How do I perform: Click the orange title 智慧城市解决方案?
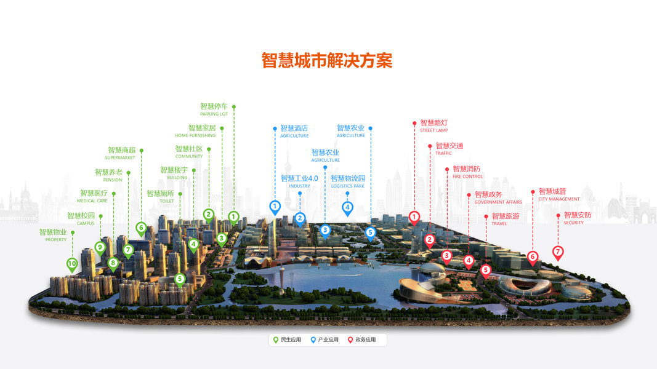(327, 61)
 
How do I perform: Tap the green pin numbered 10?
(72, 264)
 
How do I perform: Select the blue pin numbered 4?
(347, 208)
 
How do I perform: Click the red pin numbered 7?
(558, 252)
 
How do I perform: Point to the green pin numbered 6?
(141, 228)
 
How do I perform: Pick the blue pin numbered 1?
(275, 206)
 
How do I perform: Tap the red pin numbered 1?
(414, 217)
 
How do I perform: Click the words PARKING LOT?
(214, 114)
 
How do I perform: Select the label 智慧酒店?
(294, 129)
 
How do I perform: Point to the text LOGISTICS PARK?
(347, 186)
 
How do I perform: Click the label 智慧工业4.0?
(299, 178)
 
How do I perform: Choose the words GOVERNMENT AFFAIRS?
(498, 202)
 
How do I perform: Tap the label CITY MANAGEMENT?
(558, 199)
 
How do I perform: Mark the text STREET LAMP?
(433, 130)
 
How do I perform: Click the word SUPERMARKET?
(119, 158)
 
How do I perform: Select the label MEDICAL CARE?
(92, 201)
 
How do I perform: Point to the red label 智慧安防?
(578, 215)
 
